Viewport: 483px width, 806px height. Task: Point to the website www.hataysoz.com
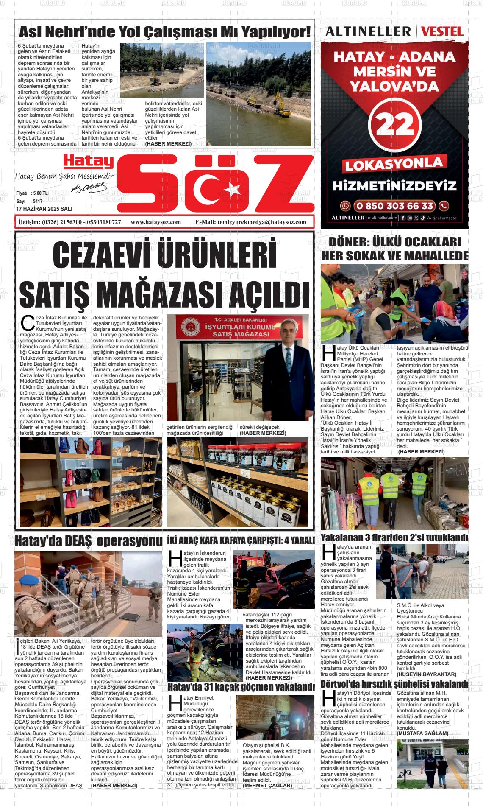tap(156, 222)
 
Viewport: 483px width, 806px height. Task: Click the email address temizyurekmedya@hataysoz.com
tap(250, 222)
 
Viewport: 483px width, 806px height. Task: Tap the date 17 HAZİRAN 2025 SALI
tap(44, 209)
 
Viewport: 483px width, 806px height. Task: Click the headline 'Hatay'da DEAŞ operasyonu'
tap(89, 541)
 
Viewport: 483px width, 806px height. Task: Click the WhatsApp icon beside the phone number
tap(346, 206)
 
